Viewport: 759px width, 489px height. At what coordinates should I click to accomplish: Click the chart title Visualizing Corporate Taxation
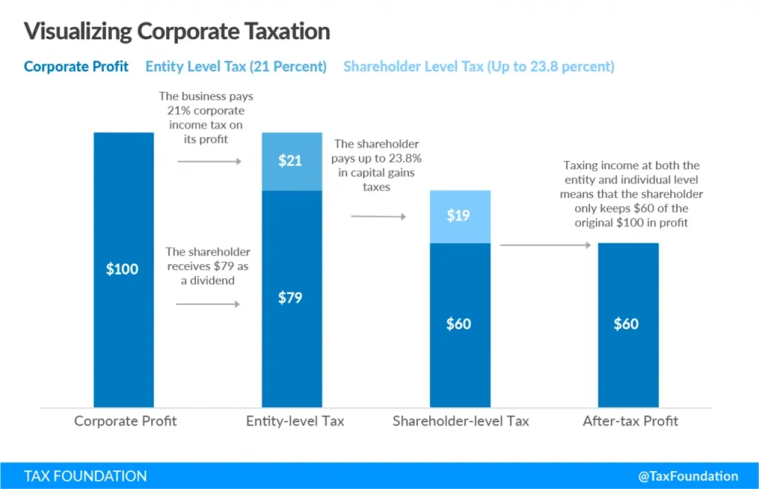pos(177,31)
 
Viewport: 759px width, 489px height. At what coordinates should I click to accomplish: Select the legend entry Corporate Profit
pos(76,66)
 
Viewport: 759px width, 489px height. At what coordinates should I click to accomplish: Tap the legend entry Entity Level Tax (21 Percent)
pos(236,66)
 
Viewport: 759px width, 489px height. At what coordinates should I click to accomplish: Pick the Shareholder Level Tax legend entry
pos(479,66)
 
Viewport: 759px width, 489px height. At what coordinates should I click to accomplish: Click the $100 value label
pos(122,269)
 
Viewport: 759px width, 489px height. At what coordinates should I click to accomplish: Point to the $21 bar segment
pos(292,161)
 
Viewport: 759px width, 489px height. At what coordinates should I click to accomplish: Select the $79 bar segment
pos(292,298)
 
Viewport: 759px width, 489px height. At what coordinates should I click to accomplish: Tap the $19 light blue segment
pos(460,216)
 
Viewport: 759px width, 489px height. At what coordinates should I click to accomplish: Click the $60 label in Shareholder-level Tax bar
pos(460,324)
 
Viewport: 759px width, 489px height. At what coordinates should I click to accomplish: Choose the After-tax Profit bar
pos(627,324)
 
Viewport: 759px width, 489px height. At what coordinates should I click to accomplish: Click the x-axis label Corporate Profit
pos(125,421)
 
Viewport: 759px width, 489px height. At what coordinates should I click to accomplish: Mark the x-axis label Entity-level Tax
pos(295,421)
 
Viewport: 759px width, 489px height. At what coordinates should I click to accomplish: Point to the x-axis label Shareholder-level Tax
pos(461,421)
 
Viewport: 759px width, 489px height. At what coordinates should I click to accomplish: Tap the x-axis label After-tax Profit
pos(630,421)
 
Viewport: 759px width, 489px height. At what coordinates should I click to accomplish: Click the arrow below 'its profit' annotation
pos(209,161)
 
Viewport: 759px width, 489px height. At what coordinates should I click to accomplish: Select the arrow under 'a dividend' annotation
pos(208,304)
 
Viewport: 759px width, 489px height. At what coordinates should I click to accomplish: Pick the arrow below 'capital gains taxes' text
pos(378,217)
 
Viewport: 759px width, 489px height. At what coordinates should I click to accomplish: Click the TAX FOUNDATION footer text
pos(85,476)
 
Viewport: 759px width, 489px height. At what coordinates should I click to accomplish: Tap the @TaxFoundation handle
pos(688,476)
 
